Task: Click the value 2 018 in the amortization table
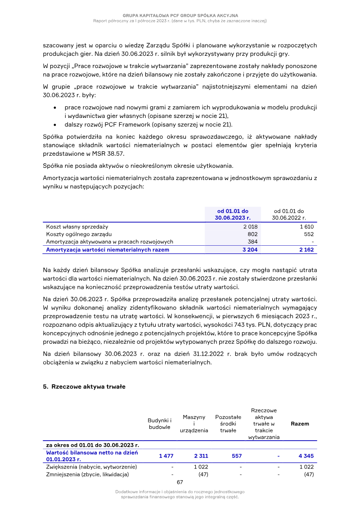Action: [250, 227]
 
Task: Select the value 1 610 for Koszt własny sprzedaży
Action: [306, 227]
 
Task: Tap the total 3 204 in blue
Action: [250, 249]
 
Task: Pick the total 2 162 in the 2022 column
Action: [306, 249]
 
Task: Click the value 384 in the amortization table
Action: [252, 242]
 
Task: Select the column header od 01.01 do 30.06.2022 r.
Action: [289, 214]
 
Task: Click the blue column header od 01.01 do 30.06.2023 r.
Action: [233, 214]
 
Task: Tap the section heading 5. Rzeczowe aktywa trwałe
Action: [84, 387]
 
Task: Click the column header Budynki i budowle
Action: [160, 423]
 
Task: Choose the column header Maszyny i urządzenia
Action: [194, 423]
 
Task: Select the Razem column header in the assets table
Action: [300, 423]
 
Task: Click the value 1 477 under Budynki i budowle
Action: [166, 456]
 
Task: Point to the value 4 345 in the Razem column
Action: [306, 456]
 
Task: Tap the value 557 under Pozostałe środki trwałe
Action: [237, 456]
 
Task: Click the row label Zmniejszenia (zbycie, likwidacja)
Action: [87, 474]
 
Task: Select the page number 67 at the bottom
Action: [180, 482]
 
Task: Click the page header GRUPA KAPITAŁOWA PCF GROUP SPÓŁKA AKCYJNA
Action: [180, 16]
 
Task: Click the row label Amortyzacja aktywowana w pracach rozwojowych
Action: [109, 242]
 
